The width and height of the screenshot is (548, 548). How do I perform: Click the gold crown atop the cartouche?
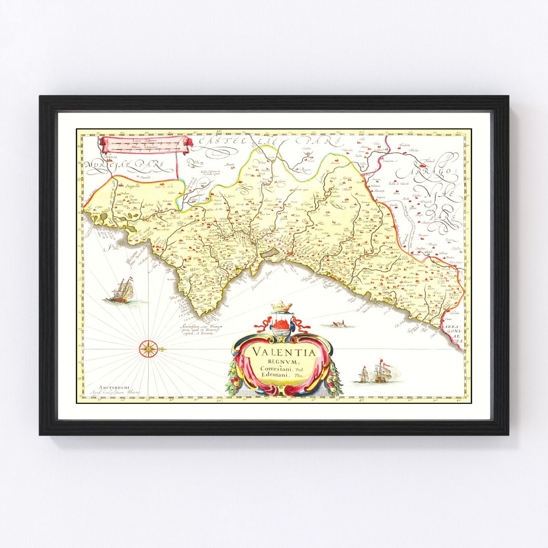click(x=282, y=306)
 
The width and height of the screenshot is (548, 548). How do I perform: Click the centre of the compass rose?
click(x=148, y=348)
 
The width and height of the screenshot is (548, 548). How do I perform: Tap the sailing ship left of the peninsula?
click(x=122, y=291)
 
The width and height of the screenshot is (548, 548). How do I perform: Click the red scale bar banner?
click(x=146, y=144)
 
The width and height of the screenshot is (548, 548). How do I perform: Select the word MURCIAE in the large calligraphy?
click(x=109, y=165)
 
